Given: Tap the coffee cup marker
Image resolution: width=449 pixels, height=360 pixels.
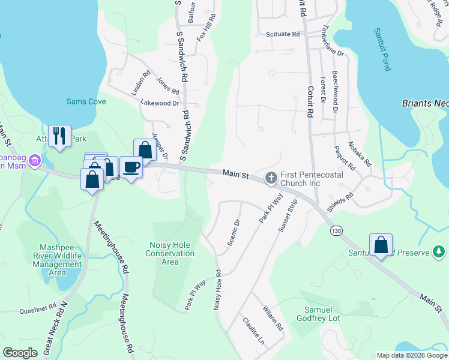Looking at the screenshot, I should click(x=131, y=166).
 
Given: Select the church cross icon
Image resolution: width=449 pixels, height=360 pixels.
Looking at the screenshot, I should click(x=271, y=178).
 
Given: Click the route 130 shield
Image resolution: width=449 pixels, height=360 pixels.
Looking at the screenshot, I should click(x=334, y=230).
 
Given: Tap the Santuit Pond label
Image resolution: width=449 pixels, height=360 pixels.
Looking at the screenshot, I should click(x=382, y=49).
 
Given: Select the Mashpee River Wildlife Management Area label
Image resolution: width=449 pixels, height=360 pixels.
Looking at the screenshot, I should click(x=58, y=260).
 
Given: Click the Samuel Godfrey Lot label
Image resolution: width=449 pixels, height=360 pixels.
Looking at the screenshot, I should click(x=318, y=313).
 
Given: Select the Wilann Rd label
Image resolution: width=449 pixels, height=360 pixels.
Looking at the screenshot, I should click(x=273, y=318).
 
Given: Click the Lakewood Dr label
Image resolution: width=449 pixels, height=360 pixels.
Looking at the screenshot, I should click(x=160, y=103).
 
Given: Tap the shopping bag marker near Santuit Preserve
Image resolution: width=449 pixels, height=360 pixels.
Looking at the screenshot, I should click(x=381, y=244).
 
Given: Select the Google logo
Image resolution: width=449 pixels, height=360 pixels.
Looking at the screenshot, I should click(x=20, y=353).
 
